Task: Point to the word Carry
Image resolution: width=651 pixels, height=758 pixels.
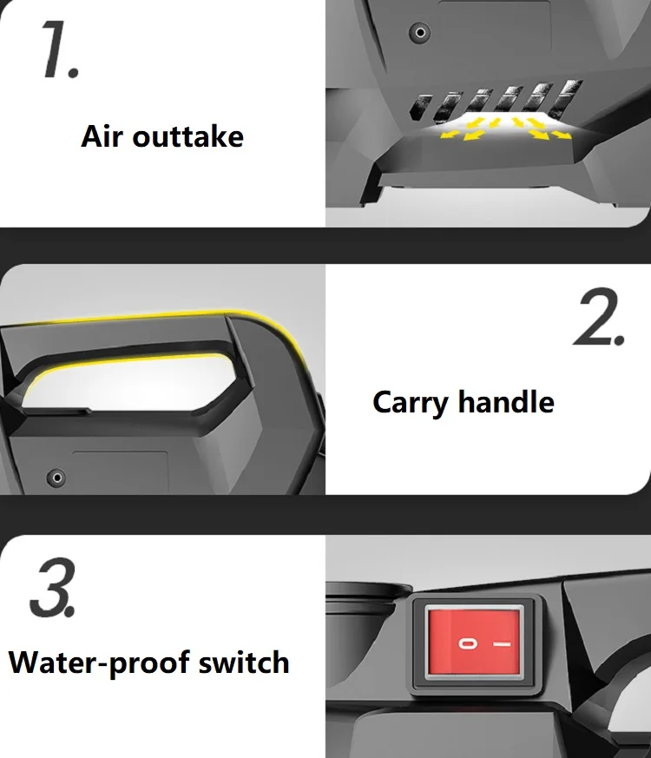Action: (411, 403)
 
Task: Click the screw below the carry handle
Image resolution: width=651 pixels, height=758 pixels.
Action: (57, 477)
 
